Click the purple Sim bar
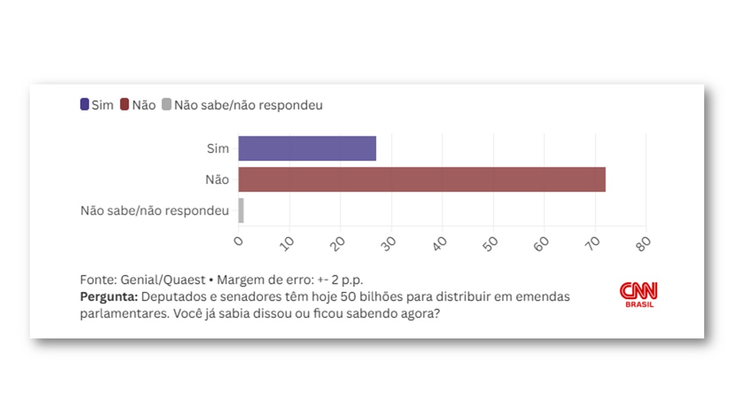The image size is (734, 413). [x=307, y=149]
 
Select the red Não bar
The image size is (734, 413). [x=421, y=180]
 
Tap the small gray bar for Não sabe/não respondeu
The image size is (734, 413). [x=241, y=211]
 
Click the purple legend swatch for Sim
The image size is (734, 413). [x=85, y=105]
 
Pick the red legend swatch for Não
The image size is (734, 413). [x=125, y=105]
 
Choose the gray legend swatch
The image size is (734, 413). [x=167, y=105]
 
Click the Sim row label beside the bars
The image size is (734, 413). [x=217, y=149]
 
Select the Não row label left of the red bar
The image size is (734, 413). [x=217, y=180]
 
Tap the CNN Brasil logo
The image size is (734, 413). [x=639, y=294]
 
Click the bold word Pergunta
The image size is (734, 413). [x=108, y=297]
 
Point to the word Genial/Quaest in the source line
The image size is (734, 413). [x=163, y=280]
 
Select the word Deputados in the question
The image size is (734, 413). [x=169, y=297]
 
